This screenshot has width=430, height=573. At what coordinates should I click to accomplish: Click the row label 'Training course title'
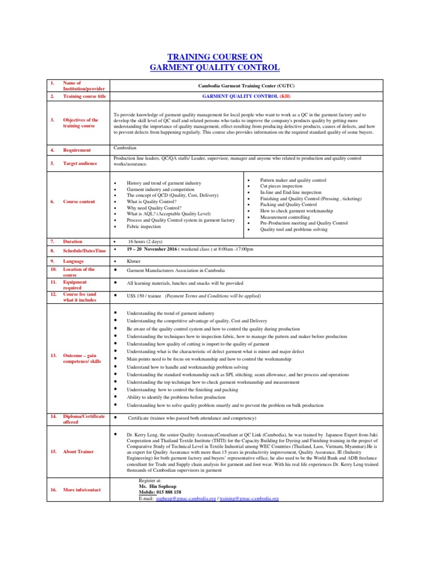tap(84, 96)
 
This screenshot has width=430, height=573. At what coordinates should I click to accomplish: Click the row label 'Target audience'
tap(80, 163)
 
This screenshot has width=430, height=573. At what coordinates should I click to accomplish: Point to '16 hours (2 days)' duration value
tap(149, 241)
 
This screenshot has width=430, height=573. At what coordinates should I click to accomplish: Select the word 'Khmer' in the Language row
tap(134, 261)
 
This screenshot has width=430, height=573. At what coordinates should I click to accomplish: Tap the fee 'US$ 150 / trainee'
tap(144, 296)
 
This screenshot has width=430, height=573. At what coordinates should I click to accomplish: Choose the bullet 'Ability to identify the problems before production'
tap(176, 397)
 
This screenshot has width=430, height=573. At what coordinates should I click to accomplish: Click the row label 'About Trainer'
tap(78, 452)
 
